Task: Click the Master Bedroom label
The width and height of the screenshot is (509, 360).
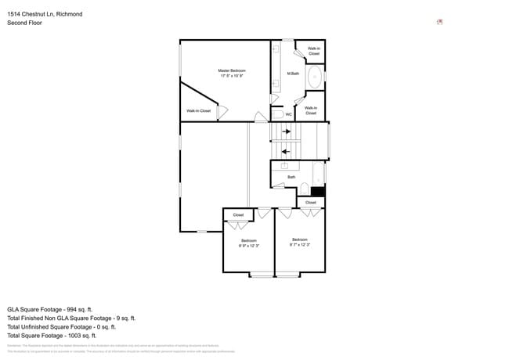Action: (x=231, y=70)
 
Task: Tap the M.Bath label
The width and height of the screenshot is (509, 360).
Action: (x=293, y=74)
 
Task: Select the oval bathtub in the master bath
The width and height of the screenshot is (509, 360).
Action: (x=314, y=77)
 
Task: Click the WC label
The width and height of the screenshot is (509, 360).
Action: (x=288, y=114)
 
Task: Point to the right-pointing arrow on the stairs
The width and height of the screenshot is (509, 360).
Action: (x=286, y=131)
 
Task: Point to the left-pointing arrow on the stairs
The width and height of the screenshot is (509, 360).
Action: (x=286, y=151)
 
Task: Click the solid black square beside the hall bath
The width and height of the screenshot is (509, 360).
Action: (x=317, y=191)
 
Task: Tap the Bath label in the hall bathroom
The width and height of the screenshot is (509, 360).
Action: (x=291, y=177)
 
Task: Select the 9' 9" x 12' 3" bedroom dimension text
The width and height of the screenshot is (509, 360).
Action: (x=248, y=246)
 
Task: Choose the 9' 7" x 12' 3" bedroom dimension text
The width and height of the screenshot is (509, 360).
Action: (x=299, y=245)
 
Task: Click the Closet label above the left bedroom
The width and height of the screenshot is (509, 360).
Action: (x=238, y=214)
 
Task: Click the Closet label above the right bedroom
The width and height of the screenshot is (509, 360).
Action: (x=311, y=202)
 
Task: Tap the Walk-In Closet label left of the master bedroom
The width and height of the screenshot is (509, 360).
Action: (x=198, y=111)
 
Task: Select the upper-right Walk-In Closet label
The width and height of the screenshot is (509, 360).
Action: (x=313, y=51)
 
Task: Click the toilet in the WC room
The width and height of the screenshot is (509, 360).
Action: (x=278, y=114)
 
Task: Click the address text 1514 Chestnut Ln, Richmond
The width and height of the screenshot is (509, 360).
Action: (x=45, y=14)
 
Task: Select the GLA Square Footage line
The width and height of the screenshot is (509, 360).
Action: (x=50, y=309)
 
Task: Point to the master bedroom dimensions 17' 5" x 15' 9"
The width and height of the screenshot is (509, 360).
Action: (x=231, y=76)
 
